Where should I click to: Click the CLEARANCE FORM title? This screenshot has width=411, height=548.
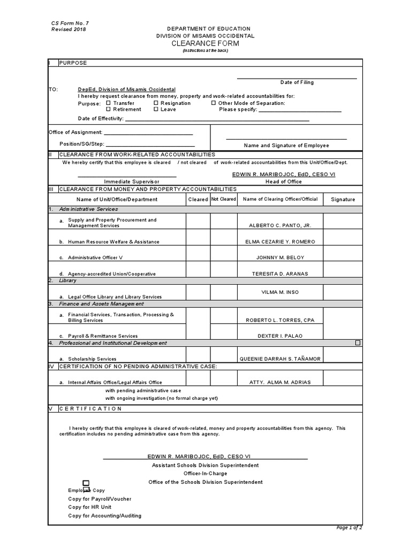pyautogui.click(x=205, y=43)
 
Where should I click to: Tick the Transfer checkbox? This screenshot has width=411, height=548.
pyautogui.click(x=109, y=103)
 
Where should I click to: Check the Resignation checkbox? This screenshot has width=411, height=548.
pyautogui.click(x=156, y=103)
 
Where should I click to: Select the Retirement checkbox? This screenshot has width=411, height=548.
pyautogui.click(x=109, y=109)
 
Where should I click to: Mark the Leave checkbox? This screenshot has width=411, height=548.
pyautogui.click(x=156, y=109)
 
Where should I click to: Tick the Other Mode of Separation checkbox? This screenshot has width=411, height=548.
pyautogui.click(x=214, y=103)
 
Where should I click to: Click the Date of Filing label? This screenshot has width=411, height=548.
pyautogui.click(x=297, y=82)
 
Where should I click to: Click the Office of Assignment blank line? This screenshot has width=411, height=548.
pyautogui.click(x=148, y=132)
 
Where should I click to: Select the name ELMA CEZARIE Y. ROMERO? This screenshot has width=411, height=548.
pyautogui.click(x=280, y=242)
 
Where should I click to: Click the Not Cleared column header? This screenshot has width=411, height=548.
pyautogui.click(x=223, y=199)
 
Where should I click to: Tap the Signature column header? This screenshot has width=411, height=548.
pyautogui.click(x=342, y=200)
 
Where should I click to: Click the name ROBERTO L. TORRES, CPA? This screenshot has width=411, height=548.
pyautogui.click(x=280, y=320)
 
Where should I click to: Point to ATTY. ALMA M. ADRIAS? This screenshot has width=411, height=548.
pyautogui.click(x=280, y=383)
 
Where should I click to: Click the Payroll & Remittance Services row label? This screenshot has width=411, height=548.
pyautogui.click(x=102, y=336)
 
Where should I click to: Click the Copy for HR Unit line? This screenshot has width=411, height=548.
pyautogui.click(x=90, y=507)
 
